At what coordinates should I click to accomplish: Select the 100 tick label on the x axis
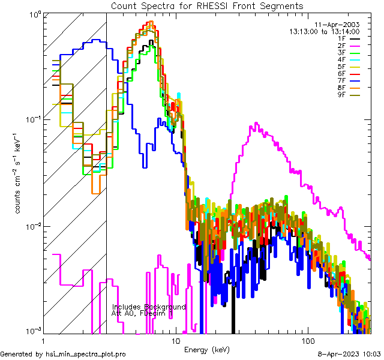[x=307, y=340]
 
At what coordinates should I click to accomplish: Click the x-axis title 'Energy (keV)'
[x=207, y=349]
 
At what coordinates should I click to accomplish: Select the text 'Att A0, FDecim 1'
[x=142, y=314]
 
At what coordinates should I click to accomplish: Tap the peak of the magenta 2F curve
[x=257, y=124]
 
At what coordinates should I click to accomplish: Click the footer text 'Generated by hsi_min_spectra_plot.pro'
[x=63, y=355]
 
